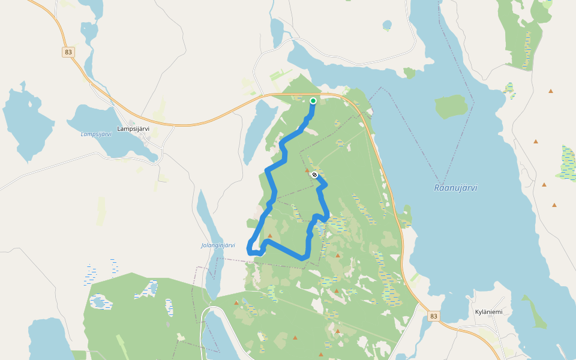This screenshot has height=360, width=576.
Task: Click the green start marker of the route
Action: click(x=313, y=101)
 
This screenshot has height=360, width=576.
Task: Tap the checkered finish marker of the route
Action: click(x=314, y=175)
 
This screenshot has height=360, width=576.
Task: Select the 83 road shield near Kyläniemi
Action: click(x=434, y=316)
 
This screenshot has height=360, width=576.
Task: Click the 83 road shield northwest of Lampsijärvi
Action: click(x=68, y=52)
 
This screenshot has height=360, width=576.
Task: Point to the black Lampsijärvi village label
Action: click(x=133, y=128)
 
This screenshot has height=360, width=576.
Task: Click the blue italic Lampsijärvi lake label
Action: click(x=96, y=134)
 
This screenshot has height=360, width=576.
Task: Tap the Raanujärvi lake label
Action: click(x=455, y=188)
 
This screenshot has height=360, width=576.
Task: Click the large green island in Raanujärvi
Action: click(x=451, y=106)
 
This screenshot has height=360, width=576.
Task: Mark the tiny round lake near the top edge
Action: click(x=387, y=25)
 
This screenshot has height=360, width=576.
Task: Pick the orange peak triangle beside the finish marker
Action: click(x=307, y=170)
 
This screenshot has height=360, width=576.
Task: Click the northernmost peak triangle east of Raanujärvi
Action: click(x=550, y=91)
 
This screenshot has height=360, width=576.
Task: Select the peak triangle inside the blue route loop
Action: click(x=270, y=236)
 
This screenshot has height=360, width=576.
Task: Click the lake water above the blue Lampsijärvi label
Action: click(x=90, y=117)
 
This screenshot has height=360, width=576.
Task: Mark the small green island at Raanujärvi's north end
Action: click(x=409, y=73)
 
